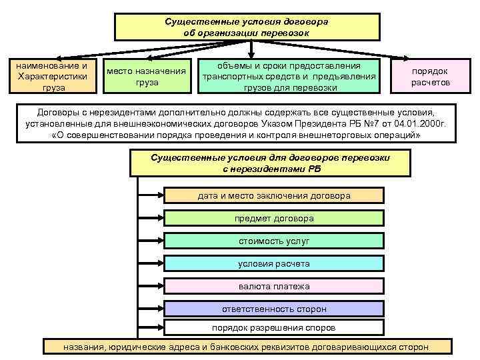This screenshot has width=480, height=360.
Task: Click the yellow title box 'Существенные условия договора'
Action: [247, 27]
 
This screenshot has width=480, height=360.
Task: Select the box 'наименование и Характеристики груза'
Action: [53, 76]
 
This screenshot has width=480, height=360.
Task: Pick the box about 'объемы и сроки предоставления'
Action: [290, 76]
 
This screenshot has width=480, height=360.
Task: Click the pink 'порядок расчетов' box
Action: [430, 76]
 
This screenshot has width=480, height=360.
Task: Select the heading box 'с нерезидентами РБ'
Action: [271, 163]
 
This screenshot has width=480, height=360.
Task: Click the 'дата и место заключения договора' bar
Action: [274, 195]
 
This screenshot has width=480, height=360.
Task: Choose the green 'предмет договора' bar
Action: [274, 218]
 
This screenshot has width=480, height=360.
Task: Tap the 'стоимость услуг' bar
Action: [274, 241]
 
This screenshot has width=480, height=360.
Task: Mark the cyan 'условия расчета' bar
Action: [274, 263]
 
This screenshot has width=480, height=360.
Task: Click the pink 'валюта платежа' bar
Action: [274, 286]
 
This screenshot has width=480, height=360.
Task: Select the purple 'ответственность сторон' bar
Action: [274, 309]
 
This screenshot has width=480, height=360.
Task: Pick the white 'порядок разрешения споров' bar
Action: [274, 327]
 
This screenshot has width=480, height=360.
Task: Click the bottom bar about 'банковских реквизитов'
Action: [247, 347]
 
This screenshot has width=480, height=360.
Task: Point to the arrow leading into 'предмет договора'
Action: [150, 218]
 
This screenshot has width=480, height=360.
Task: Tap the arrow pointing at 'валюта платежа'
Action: [150, 286]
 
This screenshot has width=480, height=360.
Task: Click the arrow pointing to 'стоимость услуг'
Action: [150, 241]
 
